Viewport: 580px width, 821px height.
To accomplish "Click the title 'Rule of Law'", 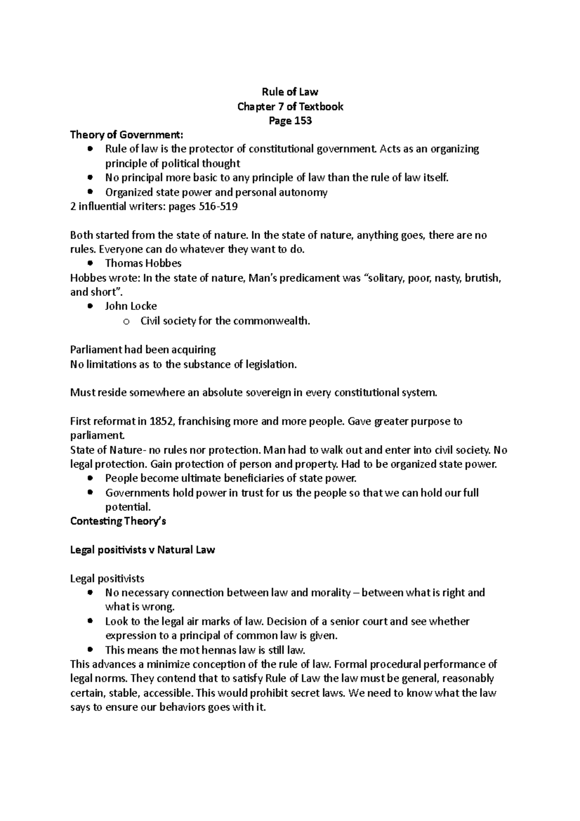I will [290, 92].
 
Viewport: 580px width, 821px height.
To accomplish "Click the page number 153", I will [302, 121].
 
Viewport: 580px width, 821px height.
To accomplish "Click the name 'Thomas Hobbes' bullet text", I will [143, 264].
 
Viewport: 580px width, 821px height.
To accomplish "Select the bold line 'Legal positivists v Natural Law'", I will [143, 550].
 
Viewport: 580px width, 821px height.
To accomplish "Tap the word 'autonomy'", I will [305, 192].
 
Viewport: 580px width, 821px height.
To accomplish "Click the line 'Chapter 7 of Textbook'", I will [290, 106].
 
